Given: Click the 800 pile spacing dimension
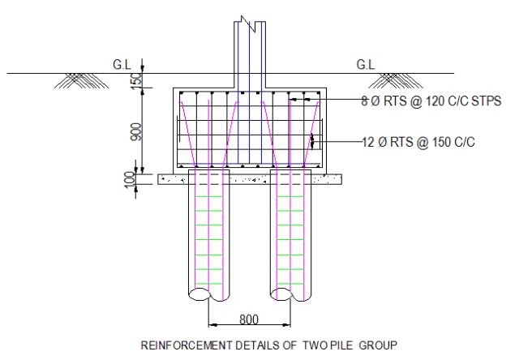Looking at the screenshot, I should (x=249, y=319).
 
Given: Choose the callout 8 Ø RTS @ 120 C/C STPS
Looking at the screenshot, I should (x=431, y=101).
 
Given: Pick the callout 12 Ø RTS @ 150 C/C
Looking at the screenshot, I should (x=418, y=142).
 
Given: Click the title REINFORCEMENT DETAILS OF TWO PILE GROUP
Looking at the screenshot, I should (x=268, y=345).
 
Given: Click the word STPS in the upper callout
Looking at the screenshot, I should (x=488, y=101).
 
